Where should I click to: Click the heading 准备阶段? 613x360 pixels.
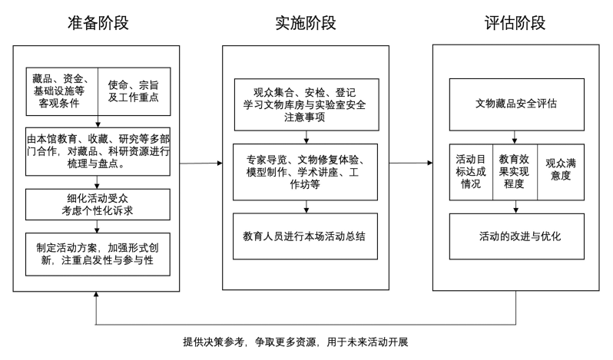[98, 22]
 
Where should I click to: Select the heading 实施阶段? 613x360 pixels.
[306, 22]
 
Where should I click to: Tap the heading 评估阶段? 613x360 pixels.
[515, 22]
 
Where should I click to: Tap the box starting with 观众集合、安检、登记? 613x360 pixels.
[306, 99]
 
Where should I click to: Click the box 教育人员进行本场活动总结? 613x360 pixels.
[306, 234]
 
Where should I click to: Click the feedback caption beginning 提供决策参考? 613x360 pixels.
[305, 341]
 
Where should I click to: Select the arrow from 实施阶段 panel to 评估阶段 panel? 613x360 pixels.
[410, 163]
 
